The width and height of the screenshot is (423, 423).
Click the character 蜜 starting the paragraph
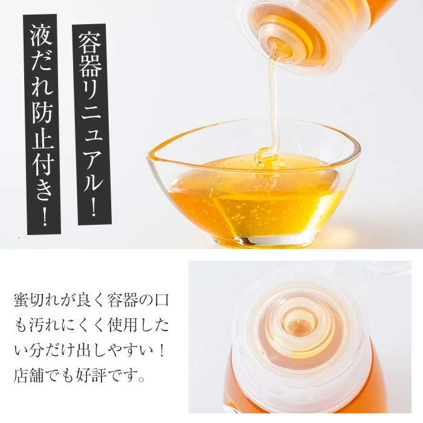[21, 300]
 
